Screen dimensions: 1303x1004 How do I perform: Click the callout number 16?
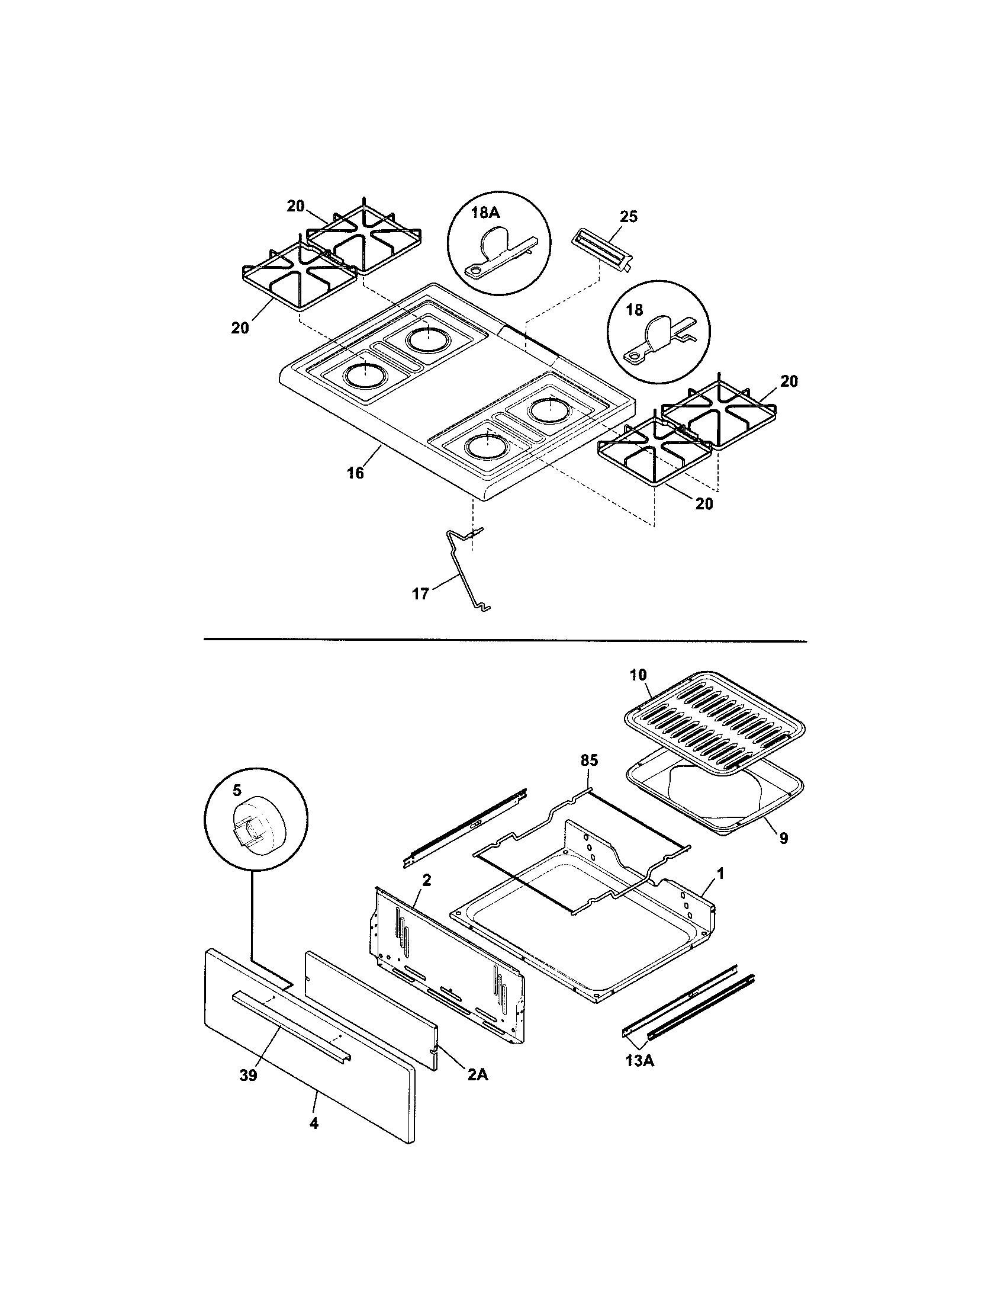355,473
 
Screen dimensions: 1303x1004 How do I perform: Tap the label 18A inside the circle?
485,213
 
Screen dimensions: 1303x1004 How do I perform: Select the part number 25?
629,216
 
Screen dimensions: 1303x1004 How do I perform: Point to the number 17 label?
420,593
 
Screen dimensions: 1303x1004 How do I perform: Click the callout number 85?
588,760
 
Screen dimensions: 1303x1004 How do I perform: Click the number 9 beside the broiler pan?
783,838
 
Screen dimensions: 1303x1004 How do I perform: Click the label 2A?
477,1074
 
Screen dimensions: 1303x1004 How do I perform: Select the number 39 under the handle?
248,1075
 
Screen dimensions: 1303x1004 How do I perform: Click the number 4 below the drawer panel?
314,1124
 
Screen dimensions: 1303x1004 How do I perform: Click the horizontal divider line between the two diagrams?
504,641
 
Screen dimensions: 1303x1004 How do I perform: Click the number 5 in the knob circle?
237,791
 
